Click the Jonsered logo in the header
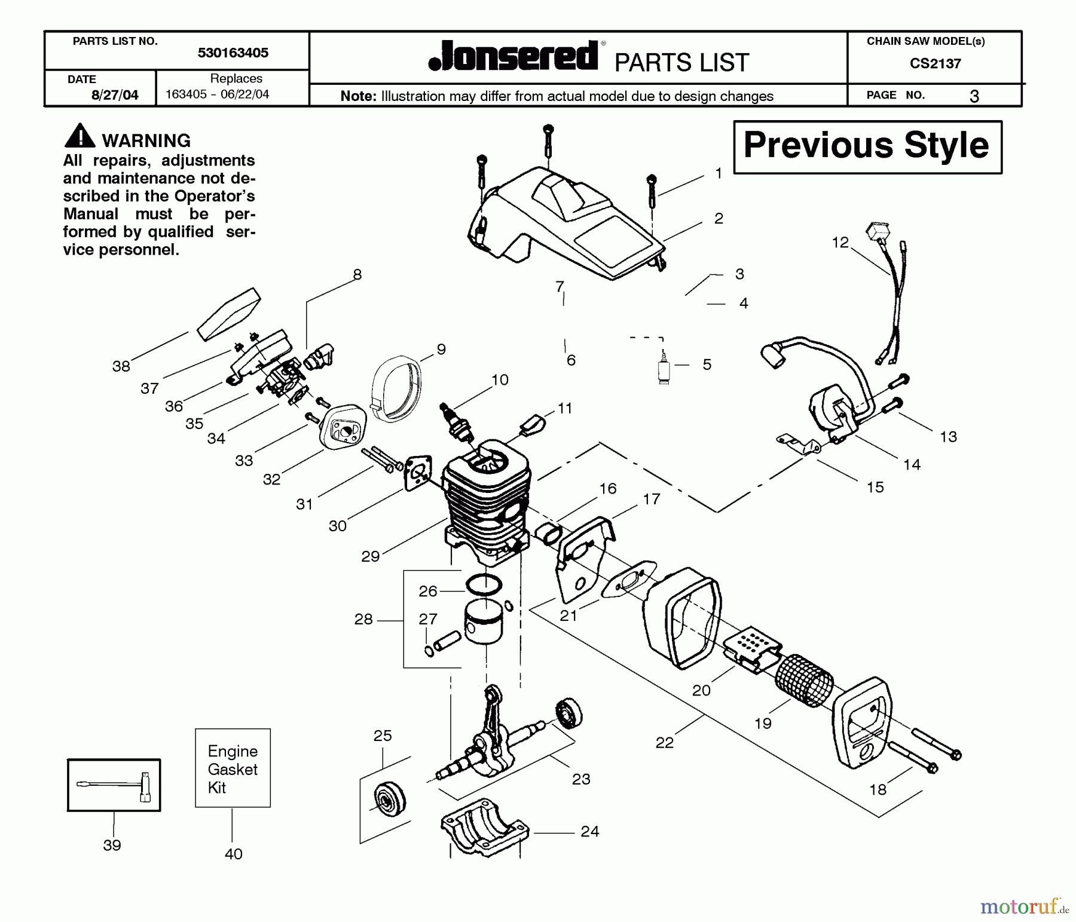tap(513, 57)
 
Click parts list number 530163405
tap(233, 53)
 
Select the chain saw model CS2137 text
tap(935, 64)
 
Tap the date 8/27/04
tap(115, 95)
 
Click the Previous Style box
tap(867, 147)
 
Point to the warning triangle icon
tap(79, 136)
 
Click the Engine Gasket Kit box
tap(233, 768)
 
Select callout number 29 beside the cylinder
tap(371, 556)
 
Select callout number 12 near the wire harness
tap(840, 243)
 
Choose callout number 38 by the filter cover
tap(121, 366)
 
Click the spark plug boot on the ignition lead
tap(774, 357)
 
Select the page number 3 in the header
tap(974, 96)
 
